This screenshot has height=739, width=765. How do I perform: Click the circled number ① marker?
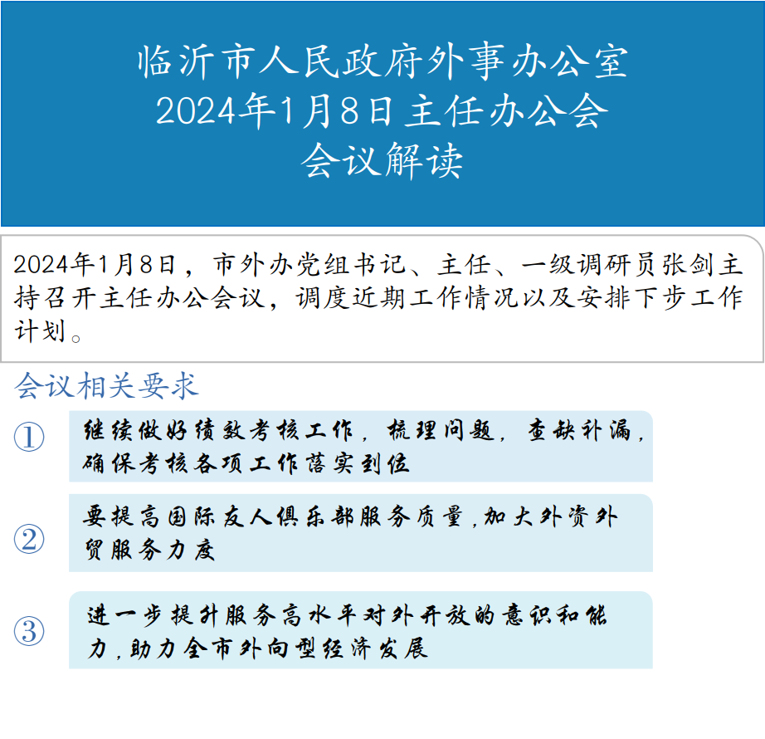point(29,437)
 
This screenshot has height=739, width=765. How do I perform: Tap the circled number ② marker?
point(29,539)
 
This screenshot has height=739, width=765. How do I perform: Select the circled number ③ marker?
point(29,630)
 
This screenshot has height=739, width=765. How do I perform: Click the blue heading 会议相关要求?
point(106,386)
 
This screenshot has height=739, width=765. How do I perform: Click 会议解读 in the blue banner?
point(382,161)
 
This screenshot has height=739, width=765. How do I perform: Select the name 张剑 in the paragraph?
point(688,265)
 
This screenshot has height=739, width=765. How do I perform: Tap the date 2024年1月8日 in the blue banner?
point(274,111)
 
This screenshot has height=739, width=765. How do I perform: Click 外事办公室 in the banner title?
point(528,62)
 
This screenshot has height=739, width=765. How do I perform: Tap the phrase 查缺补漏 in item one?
point(580,431)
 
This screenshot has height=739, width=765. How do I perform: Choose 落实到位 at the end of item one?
point(358,463)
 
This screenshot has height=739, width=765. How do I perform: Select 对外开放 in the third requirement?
point(417,615)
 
